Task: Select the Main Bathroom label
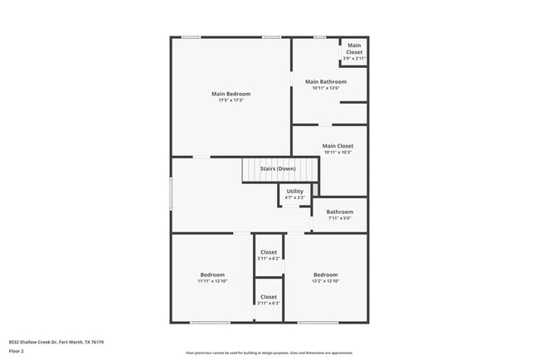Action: [325, 81]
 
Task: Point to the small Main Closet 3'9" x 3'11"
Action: [354, 51]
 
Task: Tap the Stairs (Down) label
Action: [278, 168]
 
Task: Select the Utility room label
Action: [294, 191]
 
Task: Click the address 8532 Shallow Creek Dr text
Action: [56, 342]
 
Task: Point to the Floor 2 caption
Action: [17, 351]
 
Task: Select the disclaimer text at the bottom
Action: [269, 353]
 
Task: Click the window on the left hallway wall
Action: [171, 194]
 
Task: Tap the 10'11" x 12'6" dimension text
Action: [325, 88]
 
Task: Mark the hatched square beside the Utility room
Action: [314, 190]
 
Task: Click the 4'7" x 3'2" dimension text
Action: [294, 197]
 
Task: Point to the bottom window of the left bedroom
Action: [210, 322]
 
